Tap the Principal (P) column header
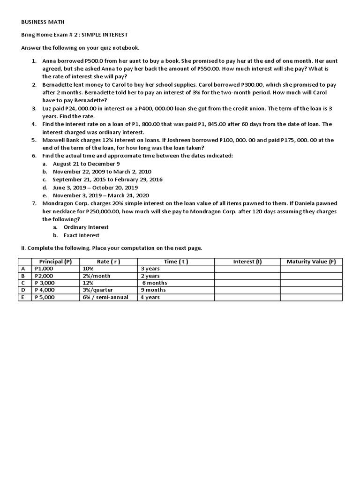coord(55,262)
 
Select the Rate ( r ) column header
coord(108,262)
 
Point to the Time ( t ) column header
coord(176,262)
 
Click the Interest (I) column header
coord(247,262)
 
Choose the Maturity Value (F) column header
coord(311,262)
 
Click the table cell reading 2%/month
coord(97,276)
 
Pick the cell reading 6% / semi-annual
coord(105,297)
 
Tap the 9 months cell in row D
coord(153,290)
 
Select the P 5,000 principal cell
coord(45,297)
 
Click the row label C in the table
coord(22,283)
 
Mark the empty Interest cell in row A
coord(247,269)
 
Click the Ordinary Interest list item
coord(86,227)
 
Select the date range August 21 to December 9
coord(86,164)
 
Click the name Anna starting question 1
coord(49,61)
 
